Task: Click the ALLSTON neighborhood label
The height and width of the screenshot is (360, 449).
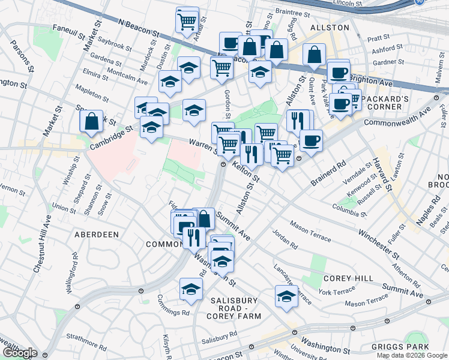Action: click(x=330, y=28)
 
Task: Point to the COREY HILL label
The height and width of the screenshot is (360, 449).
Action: click(x=345, y=278)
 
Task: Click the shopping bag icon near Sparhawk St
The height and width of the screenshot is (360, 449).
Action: click(x=91, y=121)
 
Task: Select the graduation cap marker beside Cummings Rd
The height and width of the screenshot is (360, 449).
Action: click(x=191, y=289)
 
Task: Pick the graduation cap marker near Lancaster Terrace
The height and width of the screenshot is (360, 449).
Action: click(x=286, y=296)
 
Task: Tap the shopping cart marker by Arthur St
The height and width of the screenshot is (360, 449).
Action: click(x=187, y=20)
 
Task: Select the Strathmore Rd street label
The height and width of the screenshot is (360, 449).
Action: click(x=86, y=337)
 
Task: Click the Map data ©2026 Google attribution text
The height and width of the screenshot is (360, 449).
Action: click(x=412, y=355)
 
